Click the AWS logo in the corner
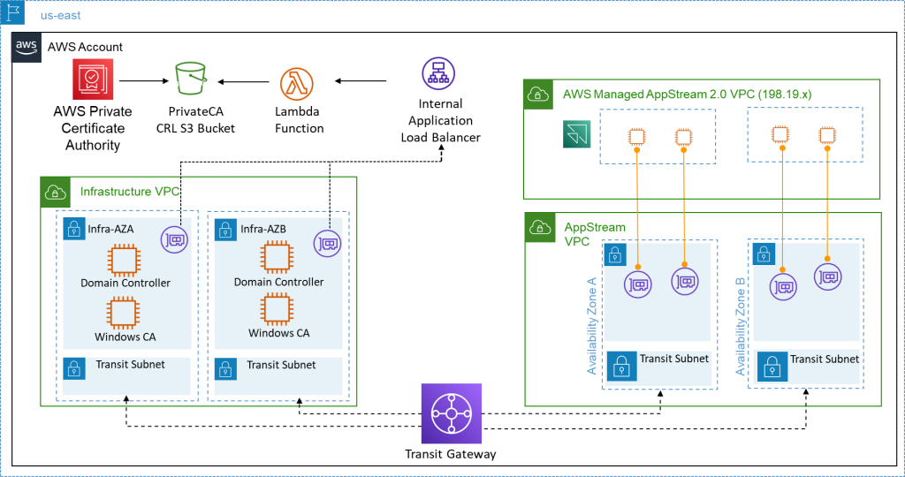pos(26,48)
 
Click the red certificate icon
pos(93,79)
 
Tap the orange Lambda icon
pos(297,84)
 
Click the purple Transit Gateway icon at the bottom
pos(452,413)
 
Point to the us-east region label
pos(61,15)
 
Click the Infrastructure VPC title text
pos(130,191)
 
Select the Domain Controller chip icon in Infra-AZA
pos(125,261)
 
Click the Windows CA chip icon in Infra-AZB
pos(278,310)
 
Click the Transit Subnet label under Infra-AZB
pos(281,365)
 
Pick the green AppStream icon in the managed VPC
pos(577,135)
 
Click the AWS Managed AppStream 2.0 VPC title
pos(687,94)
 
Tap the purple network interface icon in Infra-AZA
pos(175,239)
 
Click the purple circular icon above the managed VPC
pos(437,72)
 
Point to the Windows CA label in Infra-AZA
pos(125,337)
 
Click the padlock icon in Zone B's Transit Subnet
pos(772,366)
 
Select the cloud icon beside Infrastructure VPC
pos(56,192)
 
